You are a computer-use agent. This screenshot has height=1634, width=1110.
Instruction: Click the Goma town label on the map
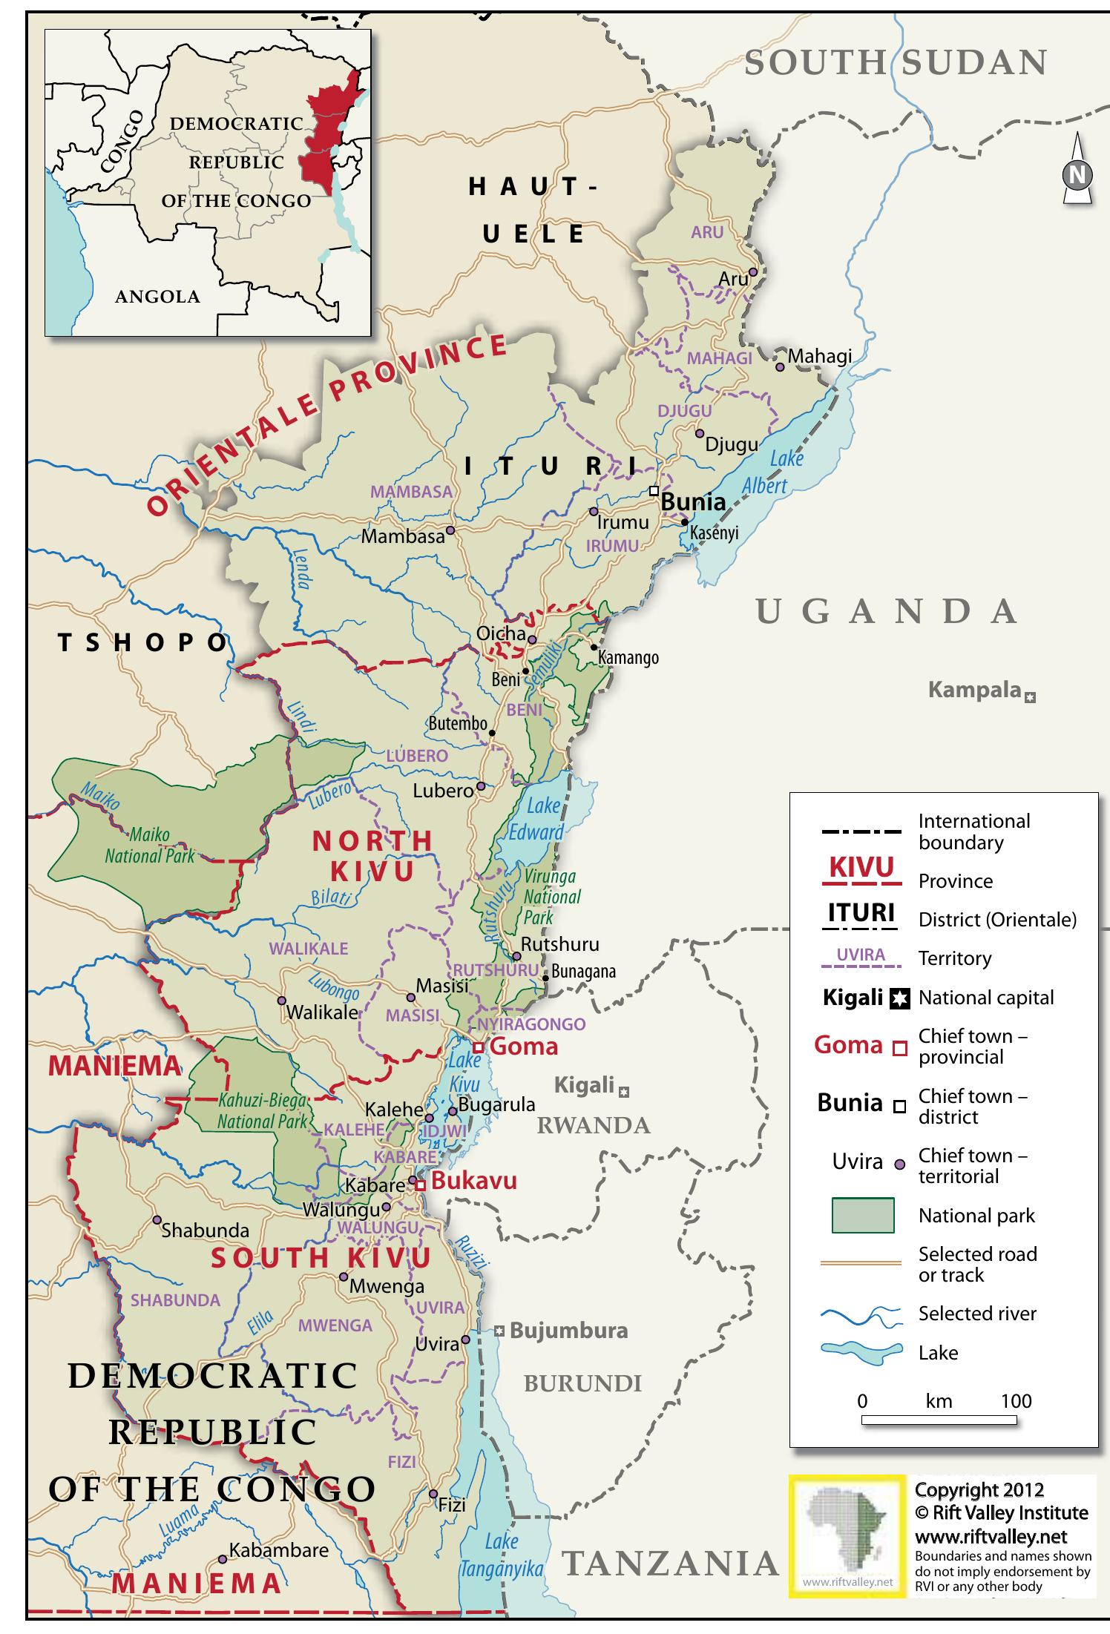pos(524,1047)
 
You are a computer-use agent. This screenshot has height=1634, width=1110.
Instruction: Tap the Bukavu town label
pos(473,1181)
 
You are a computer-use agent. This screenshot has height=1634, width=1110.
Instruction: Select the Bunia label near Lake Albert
pos(693,502)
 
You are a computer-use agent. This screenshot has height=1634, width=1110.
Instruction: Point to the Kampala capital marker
pos(1030,697)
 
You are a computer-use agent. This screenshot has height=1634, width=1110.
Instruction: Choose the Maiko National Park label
pos(149,846)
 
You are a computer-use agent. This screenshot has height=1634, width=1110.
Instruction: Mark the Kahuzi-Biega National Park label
pos(262,1111)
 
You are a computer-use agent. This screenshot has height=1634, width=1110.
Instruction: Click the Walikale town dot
pos(282,1000)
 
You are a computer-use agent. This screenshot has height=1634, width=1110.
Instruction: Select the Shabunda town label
pos(205,1230)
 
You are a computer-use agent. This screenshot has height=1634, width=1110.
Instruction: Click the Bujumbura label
pos(568,1330)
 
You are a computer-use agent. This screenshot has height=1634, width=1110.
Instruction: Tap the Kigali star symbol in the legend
pos(899,999)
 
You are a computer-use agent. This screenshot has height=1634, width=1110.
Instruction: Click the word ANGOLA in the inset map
pos(157,297)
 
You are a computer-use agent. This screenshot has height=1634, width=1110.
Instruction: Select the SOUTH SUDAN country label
pos(896,63)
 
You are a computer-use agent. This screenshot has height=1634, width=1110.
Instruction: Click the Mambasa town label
pos(402,536)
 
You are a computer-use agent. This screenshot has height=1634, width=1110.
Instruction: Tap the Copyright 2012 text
pos(979,1490)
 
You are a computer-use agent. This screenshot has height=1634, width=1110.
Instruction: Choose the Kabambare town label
pos(278,1550)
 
